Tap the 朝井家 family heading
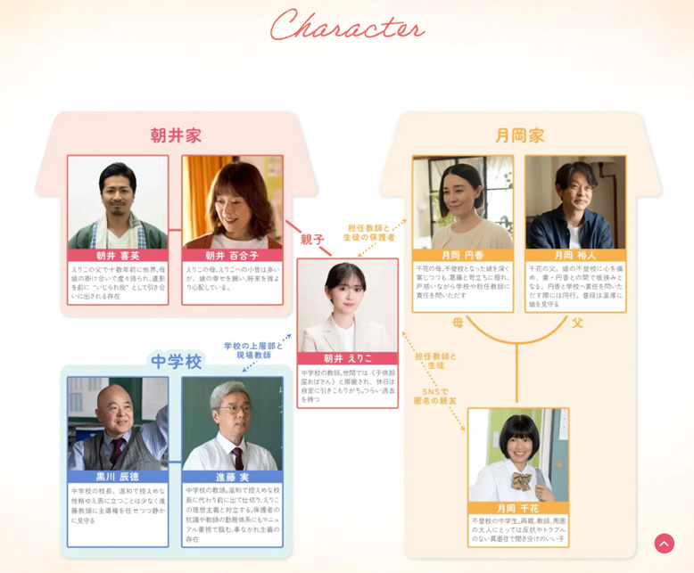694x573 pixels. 176,135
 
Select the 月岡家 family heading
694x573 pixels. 519,135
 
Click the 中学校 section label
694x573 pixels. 177,361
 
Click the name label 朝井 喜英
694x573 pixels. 117,255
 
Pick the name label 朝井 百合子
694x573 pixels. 232,255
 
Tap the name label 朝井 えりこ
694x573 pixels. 347,358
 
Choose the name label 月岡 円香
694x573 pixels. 462,255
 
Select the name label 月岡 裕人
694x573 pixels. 575,255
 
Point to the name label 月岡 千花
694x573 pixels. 518,507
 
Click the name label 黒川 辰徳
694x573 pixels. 117,477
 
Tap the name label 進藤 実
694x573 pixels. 232,477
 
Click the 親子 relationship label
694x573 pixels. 312,240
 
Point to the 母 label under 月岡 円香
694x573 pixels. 458,323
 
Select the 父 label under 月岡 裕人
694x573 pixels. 577,323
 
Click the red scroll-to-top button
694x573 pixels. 664,544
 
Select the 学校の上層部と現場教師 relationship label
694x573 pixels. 253,349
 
